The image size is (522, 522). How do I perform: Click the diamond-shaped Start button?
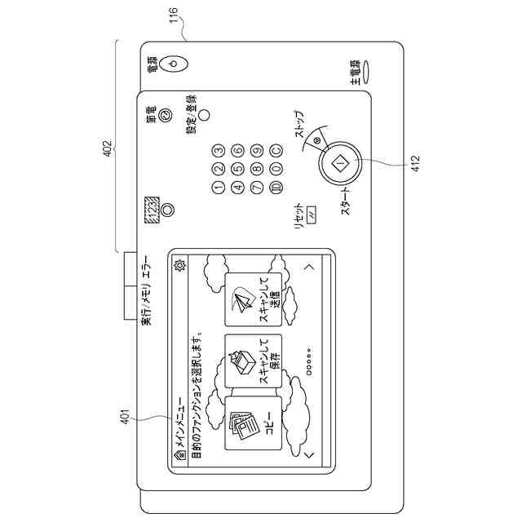click(340, 163)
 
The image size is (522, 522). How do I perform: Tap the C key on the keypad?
click(276, 150)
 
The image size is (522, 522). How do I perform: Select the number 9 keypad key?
click(257, 150)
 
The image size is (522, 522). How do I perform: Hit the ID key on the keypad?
click(276, 187)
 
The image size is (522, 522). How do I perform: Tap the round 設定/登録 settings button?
click(205, 115)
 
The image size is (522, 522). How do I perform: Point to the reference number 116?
click(174, 17)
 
